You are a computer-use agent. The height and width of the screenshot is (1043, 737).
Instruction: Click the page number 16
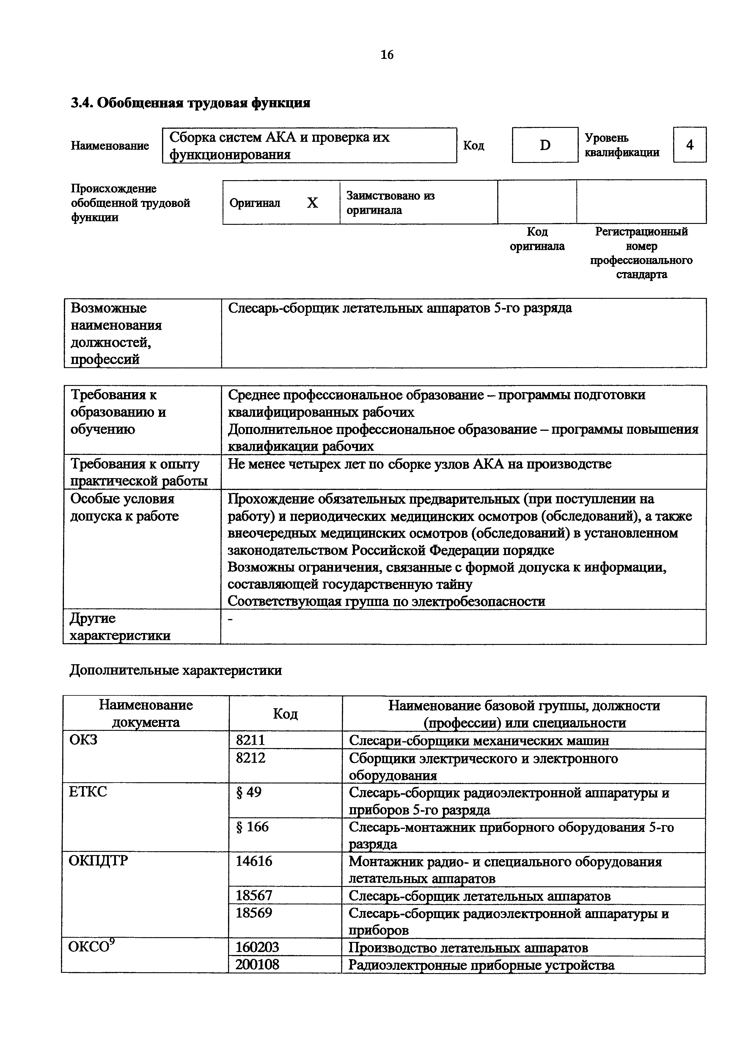(x=386, y=55)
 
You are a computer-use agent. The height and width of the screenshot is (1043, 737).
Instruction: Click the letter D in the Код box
(x=545, y=145)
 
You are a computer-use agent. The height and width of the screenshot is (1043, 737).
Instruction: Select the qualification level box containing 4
(x=689, y=145)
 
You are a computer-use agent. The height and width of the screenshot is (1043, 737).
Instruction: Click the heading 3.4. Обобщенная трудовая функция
(x=191, y=103)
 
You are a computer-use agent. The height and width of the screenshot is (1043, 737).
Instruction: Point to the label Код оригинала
(x=537, y=239)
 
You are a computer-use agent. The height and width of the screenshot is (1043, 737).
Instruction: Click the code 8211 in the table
(x=250, y=740)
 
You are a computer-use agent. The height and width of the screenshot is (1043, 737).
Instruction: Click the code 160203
(x=257, y=947)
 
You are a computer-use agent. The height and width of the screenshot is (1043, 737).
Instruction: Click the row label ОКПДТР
(x=98, y=861)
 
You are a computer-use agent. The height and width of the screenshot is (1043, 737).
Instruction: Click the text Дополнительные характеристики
(x=176, y=670)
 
